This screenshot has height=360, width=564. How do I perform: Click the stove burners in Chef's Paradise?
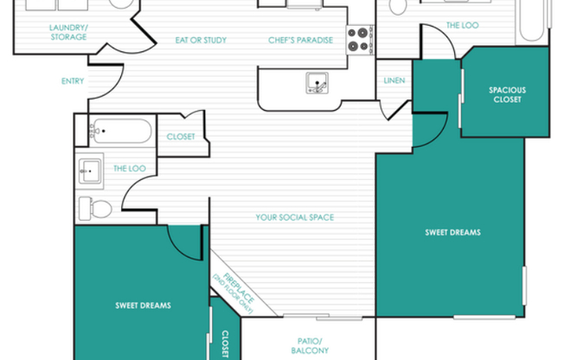point(358,37)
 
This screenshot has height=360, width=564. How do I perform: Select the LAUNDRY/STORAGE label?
point(67,33)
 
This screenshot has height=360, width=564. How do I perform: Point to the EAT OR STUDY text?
point(200,40)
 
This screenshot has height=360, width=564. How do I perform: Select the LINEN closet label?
point(394,81)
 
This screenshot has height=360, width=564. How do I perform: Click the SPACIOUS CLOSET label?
point(506,93)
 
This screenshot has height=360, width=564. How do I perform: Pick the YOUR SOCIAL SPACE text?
point(294,217)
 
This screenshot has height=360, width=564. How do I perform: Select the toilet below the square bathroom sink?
point(97,209)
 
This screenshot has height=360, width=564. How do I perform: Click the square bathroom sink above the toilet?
point(91,170)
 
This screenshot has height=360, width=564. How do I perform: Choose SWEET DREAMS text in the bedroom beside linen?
point(452,232)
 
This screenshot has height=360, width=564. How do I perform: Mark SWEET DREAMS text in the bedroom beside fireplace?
point(143,305)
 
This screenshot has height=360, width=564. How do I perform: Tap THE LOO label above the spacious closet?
point(462,26)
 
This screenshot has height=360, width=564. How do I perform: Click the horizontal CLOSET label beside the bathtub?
point(181,136)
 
